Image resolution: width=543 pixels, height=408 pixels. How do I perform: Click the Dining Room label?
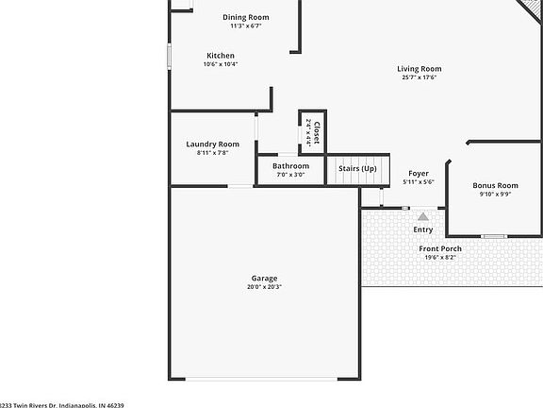[x=246, y=17]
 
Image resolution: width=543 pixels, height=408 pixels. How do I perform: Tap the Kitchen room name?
[x=221, y=56]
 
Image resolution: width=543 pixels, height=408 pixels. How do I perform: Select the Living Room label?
[x=419, y=69]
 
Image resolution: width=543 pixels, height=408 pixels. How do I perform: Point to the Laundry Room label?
[x=212, y=144]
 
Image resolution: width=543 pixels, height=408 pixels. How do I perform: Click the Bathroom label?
[x=290, y=166]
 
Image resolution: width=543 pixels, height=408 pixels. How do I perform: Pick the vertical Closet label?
[x=317, y=132]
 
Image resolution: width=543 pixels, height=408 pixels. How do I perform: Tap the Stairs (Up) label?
[x=357, y=168]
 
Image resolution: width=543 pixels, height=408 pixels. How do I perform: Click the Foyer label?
[x=418, y=174]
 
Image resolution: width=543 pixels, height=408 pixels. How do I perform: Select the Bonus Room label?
[x=495, y=186]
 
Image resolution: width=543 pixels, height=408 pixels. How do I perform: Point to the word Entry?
[x=423, y=229]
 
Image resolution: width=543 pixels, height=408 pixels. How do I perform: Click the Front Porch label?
[x=440, y=248]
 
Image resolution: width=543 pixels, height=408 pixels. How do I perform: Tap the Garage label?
[x=264, y=279]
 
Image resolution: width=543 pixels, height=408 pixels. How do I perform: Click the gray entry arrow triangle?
[x=422, y=217]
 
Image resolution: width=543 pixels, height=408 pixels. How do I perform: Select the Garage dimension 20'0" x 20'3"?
[x=264, y=287]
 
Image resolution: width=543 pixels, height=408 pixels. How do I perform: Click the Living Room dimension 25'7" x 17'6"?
[x=419, y=77]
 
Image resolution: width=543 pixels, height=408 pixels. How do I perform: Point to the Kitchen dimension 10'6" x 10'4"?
[x=221, y=64]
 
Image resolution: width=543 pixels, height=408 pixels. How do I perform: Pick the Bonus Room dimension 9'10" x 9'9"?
[x=495, y=195]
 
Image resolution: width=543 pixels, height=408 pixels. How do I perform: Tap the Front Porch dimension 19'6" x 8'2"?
[x=440, y=257]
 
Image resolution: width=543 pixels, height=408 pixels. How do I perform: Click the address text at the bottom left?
[x=62, y=404]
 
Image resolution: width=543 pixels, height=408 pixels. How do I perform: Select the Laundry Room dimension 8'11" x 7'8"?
[x=212, y=152]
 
